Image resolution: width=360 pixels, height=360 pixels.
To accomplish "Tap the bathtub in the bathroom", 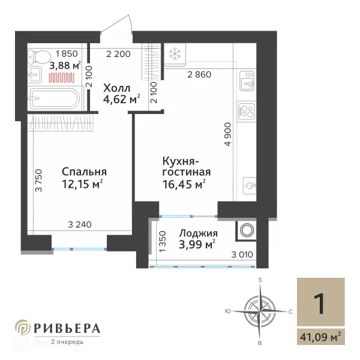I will click(54, 98).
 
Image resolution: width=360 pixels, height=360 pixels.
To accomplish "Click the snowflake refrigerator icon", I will click(176, 54).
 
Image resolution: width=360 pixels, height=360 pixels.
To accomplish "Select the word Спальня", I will click(83, 172).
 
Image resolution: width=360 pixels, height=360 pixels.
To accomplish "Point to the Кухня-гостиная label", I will click(185, 166).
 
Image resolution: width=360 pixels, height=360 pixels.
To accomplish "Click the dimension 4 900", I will click(227, 136).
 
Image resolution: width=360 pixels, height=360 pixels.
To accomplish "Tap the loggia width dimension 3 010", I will click(242, 255).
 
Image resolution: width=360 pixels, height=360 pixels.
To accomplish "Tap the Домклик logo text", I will click(58, 343).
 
